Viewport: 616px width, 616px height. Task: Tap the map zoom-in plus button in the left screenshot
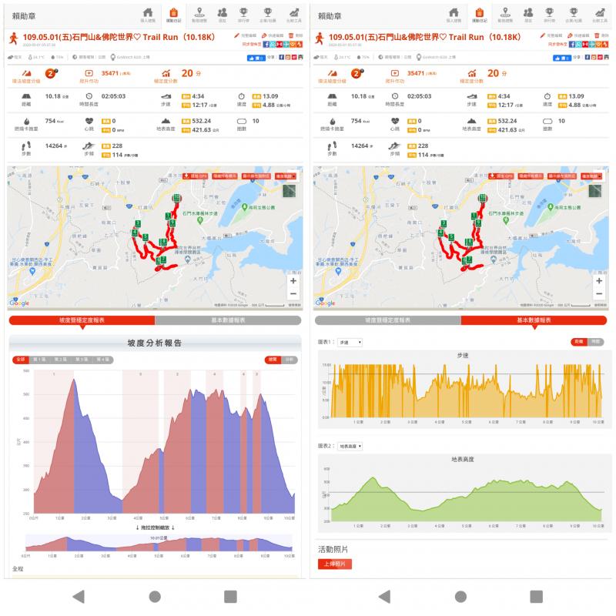293,281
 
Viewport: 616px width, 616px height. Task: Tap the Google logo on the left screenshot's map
19,303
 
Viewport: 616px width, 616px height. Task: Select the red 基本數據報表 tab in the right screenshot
534,320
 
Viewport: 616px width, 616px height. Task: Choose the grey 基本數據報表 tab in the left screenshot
228,320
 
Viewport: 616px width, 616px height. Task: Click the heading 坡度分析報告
154,343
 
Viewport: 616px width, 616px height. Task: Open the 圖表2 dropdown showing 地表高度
350,446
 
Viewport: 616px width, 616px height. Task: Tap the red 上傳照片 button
334,564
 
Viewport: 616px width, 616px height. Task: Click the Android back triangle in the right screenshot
384,596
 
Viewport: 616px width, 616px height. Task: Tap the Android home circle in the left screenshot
155,596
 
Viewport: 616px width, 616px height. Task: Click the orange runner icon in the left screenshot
13,36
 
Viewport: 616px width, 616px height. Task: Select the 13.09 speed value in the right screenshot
574,96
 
